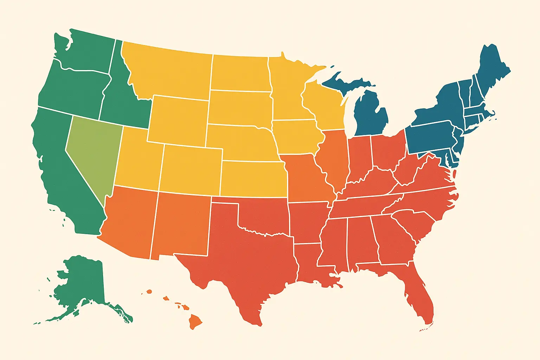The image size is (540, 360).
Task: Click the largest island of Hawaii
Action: pos(195,321)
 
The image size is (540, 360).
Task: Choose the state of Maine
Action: pos(492,70)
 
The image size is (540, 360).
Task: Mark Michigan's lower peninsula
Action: pos(371,116)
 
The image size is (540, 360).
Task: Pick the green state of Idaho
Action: pos(121,102)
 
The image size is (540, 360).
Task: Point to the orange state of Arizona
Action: pos(130,221)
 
